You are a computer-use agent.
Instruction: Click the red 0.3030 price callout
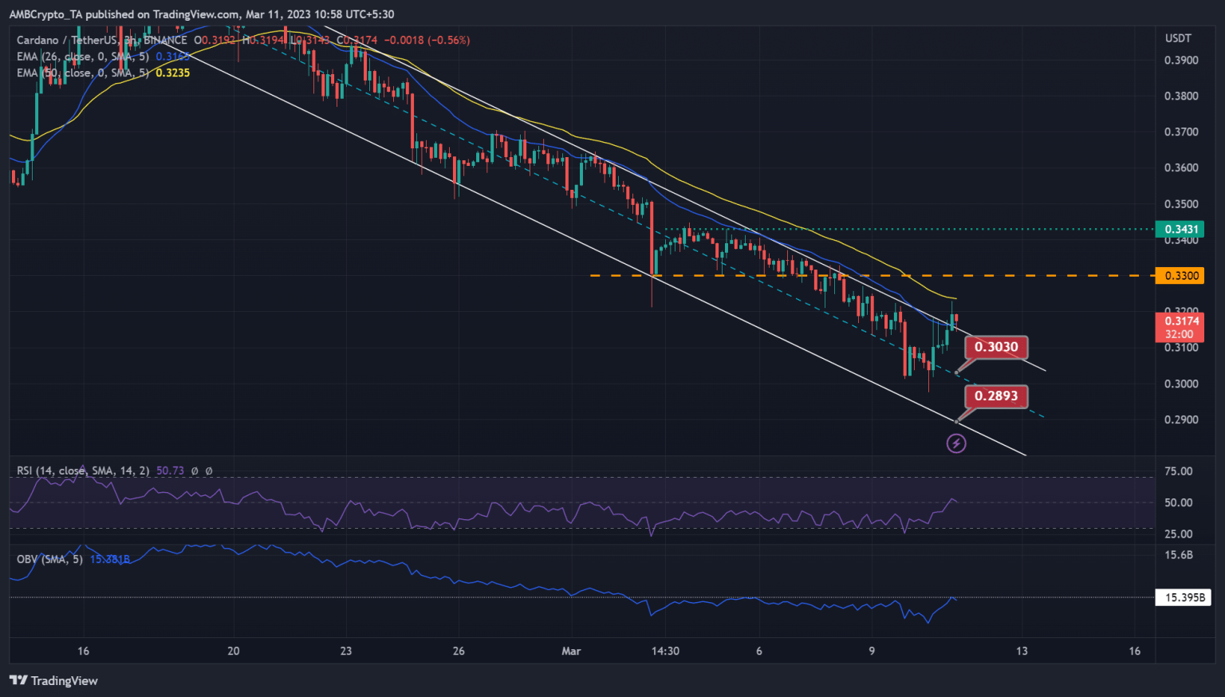(x=996, y=347)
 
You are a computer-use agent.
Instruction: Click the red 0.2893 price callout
(x=996, y=396)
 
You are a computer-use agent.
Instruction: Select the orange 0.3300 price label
(x=1181, y=276)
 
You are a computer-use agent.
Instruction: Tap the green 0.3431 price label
(x=1181, y=230)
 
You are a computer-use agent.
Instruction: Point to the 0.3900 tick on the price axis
(x=1181, y=61)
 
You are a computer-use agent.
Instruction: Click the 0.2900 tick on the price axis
(x=1181, y=420)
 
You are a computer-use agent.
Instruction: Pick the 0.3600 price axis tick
(x=1181, y=168)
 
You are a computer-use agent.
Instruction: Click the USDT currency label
(x=1178, y=38)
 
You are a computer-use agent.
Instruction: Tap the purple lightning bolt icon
(x=956, y=443)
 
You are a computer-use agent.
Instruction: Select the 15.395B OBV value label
(x=1184, y=597)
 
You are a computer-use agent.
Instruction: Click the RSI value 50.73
(x=170, y=471)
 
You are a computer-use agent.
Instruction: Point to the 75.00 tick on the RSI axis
(x=1179, y=471)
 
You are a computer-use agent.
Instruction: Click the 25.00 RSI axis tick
(x=1179, y=534)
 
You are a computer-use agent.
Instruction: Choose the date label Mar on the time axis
(x=571, y=652)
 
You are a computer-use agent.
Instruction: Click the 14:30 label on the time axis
(x=665, y=652)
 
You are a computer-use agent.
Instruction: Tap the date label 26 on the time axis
(x=459, y=652)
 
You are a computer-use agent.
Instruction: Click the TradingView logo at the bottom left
(x=53, y=681)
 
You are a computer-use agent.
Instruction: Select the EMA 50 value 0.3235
(x=172, y=73)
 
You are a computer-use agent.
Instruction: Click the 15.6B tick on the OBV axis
(x=1180, y=555)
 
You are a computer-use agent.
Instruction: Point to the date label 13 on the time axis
(x=1022, y=652)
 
